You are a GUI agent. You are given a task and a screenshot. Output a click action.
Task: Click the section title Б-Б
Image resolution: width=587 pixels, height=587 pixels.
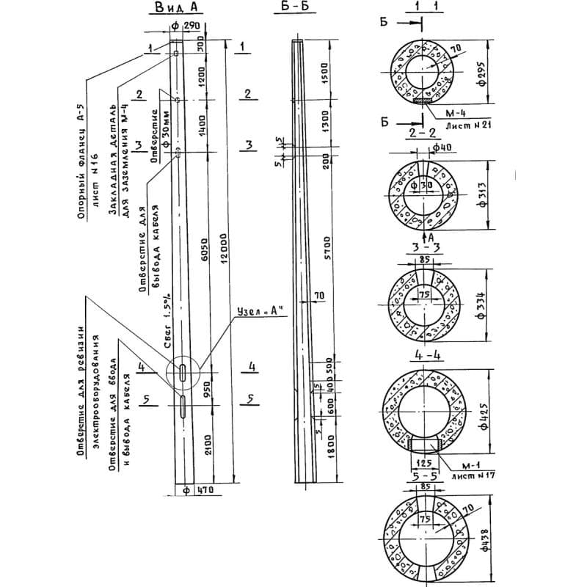click(x=296, y=10)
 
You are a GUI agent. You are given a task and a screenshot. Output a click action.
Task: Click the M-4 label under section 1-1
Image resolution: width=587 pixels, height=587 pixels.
click(x=445, y=114)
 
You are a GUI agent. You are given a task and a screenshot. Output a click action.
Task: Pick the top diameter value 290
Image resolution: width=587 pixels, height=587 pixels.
click(x=192, y=26)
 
